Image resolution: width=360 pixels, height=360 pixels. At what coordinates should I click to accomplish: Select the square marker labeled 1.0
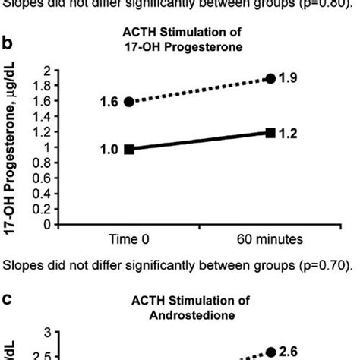pos(128,149)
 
